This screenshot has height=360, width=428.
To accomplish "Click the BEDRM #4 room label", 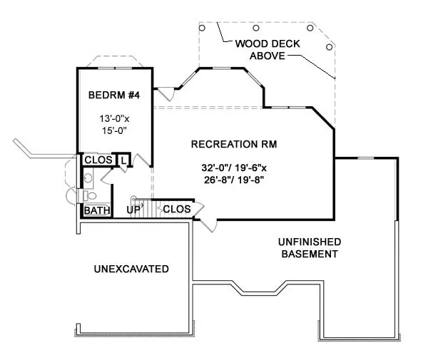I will (114, 95).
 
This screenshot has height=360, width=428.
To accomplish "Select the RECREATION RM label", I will (234, 144).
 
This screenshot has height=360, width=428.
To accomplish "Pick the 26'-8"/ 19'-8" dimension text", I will (235, 180).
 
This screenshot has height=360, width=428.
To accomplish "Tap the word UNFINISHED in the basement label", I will (310, 242).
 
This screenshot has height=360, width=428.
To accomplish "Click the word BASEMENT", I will (310, 254).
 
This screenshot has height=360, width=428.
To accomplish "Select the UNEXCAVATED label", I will (131, 269).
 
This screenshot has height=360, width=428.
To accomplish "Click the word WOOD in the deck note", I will (250, 43).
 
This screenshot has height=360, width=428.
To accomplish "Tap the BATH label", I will (96, 210).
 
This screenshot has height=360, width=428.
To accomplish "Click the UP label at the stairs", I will (133, 210).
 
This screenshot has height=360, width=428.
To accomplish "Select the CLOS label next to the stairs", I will (176, 209).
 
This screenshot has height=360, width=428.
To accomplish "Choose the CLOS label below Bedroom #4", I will (98, 160).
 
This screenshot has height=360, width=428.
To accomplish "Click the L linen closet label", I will (123, 161).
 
